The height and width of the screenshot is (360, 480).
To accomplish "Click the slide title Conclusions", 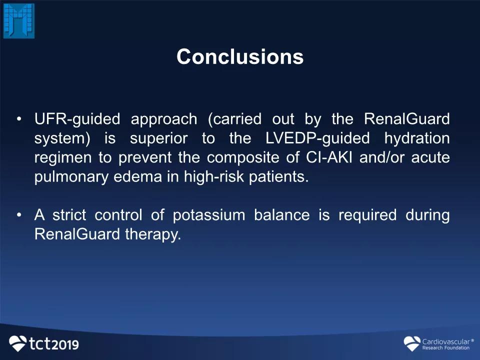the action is [x=240, y=57].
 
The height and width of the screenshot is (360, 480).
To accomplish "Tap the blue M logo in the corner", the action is [x=19, y=21].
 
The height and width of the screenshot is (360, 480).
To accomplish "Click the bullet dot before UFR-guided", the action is [x=19, y=119].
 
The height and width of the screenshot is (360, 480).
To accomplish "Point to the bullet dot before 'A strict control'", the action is [x=19, y=215].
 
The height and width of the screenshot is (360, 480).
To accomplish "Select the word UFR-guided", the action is [x=77, y=119].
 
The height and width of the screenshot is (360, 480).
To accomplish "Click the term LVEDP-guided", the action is [x=318, y=138].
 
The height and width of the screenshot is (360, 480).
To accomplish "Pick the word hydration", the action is [x=417, y=138].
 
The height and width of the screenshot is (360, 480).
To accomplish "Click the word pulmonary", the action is [x=71, y=177].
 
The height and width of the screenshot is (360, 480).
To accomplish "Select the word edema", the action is [x=138, y=176].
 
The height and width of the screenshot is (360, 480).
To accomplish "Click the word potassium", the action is [x=209, y=215].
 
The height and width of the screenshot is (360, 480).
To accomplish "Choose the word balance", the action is [x=282, y=215].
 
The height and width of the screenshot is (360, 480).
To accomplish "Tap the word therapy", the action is [x=153, y=235].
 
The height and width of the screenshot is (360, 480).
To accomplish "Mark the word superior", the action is [x=159, y=139].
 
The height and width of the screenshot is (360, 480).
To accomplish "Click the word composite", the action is [x=243, y=158].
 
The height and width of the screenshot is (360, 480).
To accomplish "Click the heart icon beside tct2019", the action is [x=18, y=343].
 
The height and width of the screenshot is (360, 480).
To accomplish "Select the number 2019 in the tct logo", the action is [x=65, y=344].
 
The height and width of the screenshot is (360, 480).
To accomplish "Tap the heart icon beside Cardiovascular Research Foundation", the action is [x=412, y=343].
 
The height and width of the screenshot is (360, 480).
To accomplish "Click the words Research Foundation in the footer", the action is [x=445, y=348].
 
